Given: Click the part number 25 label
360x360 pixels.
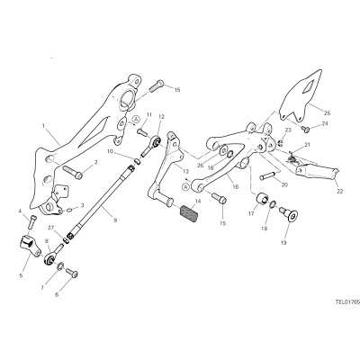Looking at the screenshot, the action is coord(327,113).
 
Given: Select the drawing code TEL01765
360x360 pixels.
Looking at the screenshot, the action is coord(347,302).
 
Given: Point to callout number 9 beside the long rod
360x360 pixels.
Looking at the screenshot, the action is coord(115,220).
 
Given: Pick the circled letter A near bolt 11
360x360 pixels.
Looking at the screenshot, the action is coord(136,119).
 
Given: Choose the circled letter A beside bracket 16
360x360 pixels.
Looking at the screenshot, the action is coord(185,187).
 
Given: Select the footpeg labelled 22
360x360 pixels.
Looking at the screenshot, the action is coord(317,174).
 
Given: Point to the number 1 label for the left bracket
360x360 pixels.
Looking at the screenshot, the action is coord(44,126).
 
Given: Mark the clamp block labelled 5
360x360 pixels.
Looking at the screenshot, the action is coord(30,246).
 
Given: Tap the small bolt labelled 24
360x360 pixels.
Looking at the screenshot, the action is coord(306,130).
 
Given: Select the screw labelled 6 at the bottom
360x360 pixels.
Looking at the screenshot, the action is coord(71,273).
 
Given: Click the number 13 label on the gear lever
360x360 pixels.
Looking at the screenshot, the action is coord(185,172).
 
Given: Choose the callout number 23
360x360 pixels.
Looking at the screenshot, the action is coord(288,130).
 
